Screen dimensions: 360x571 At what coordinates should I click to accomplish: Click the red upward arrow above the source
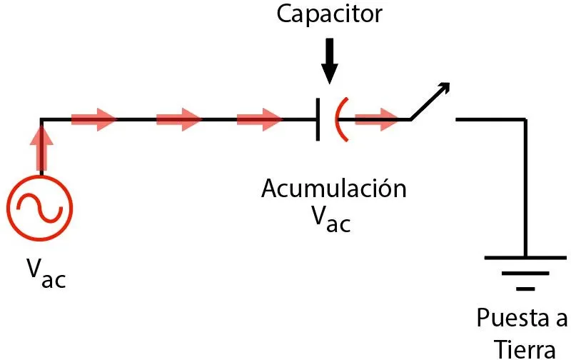tap(41, 146)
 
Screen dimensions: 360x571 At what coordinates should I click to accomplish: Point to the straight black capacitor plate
tap(317, 119)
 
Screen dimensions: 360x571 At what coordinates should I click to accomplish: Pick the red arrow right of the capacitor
tap(377, 119)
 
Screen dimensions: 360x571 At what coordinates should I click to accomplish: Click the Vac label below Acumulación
tap(331, 219)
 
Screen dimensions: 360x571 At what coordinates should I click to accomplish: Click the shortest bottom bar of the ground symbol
tap(525, 289)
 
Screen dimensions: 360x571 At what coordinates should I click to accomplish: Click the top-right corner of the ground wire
tap(525, 119)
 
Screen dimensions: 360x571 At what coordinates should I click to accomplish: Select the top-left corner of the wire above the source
tap(41, 119)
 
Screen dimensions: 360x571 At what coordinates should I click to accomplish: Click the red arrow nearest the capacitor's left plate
tap(259, 119)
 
